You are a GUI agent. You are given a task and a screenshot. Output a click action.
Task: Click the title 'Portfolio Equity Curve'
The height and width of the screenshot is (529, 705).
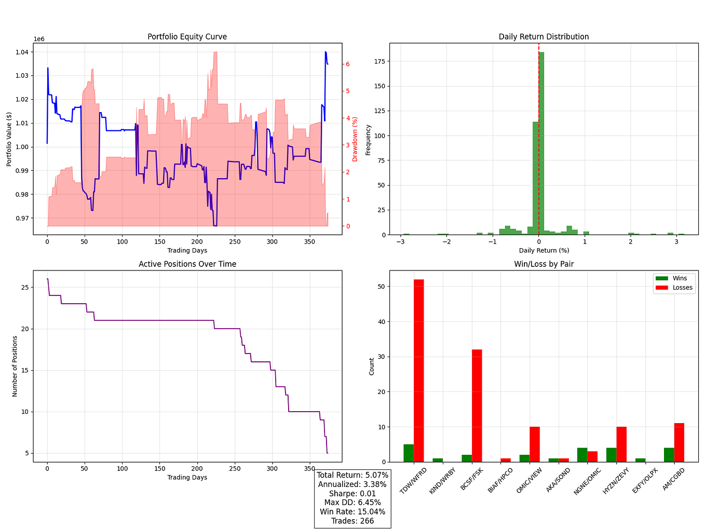(x=187, y=37)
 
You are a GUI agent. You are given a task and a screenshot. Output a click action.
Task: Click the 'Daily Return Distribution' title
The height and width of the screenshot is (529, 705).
(x=544, y=37)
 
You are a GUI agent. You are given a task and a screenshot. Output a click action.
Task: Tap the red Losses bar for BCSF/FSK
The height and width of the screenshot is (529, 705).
(x=477, y=405)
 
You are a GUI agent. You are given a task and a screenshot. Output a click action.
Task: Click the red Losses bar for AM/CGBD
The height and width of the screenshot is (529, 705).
(x=679, y=442)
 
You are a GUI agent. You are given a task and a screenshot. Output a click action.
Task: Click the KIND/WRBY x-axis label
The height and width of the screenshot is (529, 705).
(x=443, y=481)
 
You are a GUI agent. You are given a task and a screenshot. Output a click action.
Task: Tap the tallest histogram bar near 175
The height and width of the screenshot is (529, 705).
(x=541, y=143)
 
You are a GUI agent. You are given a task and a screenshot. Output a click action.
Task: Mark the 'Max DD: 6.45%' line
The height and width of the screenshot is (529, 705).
(x=353, y=503)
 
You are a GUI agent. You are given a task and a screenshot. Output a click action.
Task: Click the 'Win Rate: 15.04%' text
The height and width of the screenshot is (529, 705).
(x=353, y=512)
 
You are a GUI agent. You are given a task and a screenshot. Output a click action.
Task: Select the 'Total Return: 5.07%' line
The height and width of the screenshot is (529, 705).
(x=353, y=475)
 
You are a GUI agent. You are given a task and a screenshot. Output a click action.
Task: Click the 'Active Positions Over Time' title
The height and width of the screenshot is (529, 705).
(x=187, y=264)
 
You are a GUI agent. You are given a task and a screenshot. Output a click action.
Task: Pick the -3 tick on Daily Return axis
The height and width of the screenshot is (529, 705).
(x=399, y=242)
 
